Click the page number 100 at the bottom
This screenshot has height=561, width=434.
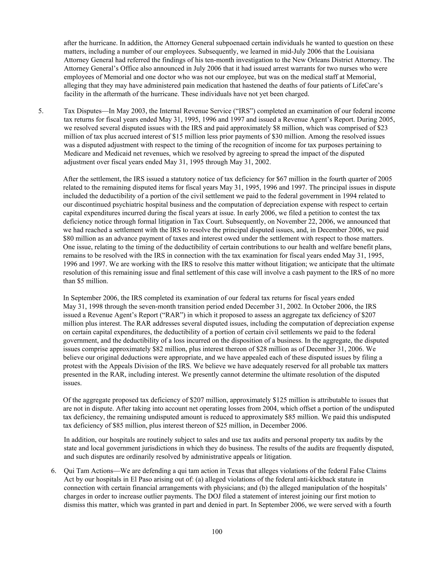point(217,531)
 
